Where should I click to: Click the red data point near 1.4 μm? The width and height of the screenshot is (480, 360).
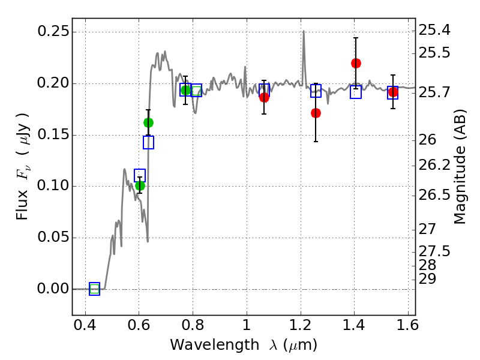(x=356, y=64)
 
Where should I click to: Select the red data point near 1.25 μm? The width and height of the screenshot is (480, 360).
(x=316, y=113)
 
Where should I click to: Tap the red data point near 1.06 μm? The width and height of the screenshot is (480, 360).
(x=264, y=98)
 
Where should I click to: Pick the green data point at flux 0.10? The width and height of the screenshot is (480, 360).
(x=140, y=185)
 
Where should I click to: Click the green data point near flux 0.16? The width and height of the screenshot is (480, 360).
(x=148, y=123)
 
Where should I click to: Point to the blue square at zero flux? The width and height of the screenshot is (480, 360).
(x=95, y=289)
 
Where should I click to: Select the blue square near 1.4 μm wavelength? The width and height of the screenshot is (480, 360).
(x=356, y=92)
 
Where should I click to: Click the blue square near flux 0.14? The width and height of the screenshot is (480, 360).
(x=148, y=142)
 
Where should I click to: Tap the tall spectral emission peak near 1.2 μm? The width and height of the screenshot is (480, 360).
(x=304, y=31)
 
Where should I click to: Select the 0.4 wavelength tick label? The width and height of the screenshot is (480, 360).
(x=85, y=325)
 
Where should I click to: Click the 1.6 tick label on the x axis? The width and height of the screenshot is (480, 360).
(x=408, y=325)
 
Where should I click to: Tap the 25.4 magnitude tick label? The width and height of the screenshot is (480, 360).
(x=434, y=30)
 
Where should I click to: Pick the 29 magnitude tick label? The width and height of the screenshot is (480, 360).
(x=427, y=278)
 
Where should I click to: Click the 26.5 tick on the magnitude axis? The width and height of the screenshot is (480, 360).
(x=434, y=194)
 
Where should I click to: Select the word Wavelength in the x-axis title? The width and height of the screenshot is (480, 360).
(x=215, y=345)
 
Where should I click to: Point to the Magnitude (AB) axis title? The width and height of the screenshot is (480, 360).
(x=459, y=167)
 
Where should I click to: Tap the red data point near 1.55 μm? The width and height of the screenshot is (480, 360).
(x=393, y=92)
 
